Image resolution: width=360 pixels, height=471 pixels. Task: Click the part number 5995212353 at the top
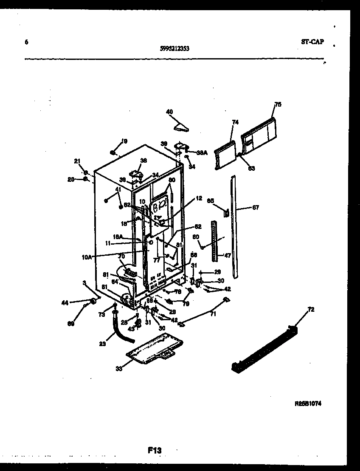(x=175, y=48)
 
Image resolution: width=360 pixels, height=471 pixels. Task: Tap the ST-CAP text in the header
(x=312, y=42)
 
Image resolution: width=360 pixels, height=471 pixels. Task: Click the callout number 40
(x=169, y=112)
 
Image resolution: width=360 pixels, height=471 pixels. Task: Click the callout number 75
(x=278, y=104)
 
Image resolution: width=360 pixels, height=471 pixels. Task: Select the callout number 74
(x=235, y=122)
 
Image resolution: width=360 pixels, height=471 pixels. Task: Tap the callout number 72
(x=311, y=310)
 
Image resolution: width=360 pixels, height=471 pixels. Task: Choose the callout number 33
(x=119, y=369)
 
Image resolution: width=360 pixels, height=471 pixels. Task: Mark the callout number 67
(x=255, y=208)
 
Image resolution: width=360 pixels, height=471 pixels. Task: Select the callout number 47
(x=228, y=256)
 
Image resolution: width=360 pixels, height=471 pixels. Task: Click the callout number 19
(x=124, y=141)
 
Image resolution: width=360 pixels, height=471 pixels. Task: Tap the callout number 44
(x=65, y=302)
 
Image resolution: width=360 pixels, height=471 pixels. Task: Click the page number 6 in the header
(x=26, y=42)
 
